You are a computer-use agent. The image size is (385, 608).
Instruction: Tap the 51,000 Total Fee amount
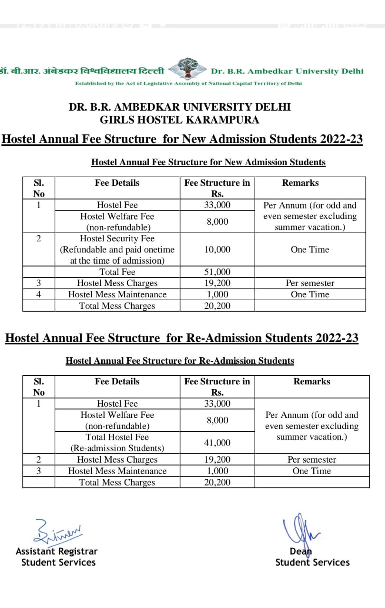tap(217, 272)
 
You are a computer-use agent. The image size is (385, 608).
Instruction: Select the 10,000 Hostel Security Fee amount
tap(217, 249)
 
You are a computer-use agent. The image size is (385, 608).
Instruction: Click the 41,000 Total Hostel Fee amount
tap(217, 443)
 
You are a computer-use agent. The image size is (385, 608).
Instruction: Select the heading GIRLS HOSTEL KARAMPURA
tap(180, 120)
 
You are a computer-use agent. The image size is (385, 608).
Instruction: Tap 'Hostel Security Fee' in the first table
tap(117, 238)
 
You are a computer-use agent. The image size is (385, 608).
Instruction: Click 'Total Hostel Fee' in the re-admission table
tap(117, 437)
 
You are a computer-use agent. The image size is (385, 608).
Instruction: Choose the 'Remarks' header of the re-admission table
tap(312, 381)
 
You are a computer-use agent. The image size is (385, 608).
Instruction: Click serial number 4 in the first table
tap(38, 294)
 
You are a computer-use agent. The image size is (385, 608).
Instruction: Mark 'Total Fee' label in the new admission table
tap(117, 272)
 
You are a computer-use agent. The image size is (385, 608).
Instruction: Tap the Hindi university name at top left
tap(83, 71)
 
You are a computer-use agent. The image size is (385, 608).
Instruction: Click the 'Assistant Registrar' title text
tap(57, 551)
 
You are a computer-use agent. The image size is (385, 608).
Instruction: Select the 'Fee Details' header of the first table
tap(117, 183)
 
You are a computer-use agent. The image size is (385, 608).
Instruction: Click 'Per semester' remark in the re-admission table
tap(312, 459)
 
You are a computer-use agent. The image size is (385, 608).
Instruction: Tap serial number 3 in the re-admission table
tap(38, 471)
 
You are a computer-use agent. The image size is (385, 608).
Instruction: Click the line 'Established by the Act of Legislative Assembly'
tap(188, 83)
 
